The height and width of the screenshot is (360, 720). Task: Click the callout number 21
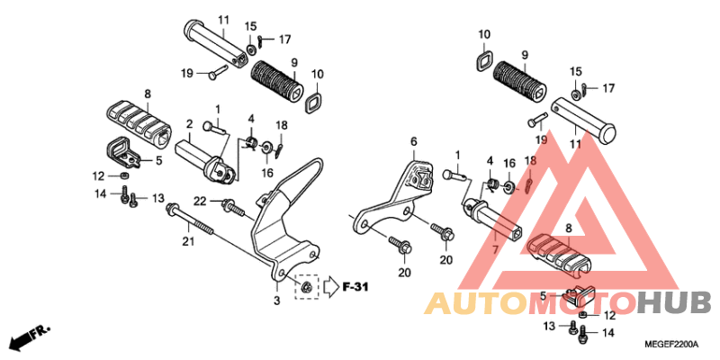[189, 240]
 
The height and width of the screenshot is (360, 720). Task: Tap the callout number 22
[201, 201]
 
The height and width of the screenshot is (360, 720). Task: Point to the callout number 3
[277, 301]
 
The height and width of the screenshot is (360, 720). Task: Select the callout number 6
[414, 142]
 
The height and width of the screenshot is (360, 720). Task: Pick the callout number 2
[189, 123]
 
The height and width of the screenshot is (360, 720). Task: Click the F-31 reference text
[355, 287]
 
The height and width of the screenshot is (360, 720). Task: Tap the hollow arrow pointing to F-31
[330, 287]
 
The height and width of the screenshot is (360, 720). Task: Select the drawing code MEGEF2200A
[670, 344]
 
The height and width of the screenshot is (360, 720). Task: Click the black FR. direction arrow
[31, 337]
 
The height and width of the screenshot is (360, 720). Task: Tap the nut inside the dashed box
[306, 287]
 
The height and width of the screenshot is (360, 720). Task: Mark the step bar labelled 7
[494, 220]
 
